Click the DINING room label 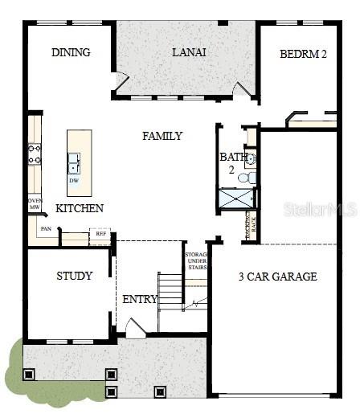71,53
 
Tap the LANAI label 189,52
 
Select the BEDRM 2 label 304,55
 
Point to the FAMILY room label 162,136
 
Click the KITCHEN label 79,208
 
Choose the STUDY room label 74,276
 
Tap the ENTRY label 140,300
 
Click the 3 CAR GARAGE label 277,277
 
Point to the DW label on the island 73,180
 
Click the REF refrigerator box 100,236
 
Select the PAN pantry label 47,229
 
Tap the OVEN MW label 35,204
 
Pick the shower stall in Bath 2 236,199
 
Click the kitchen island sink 74,162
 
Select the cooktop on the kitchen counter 35,153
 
